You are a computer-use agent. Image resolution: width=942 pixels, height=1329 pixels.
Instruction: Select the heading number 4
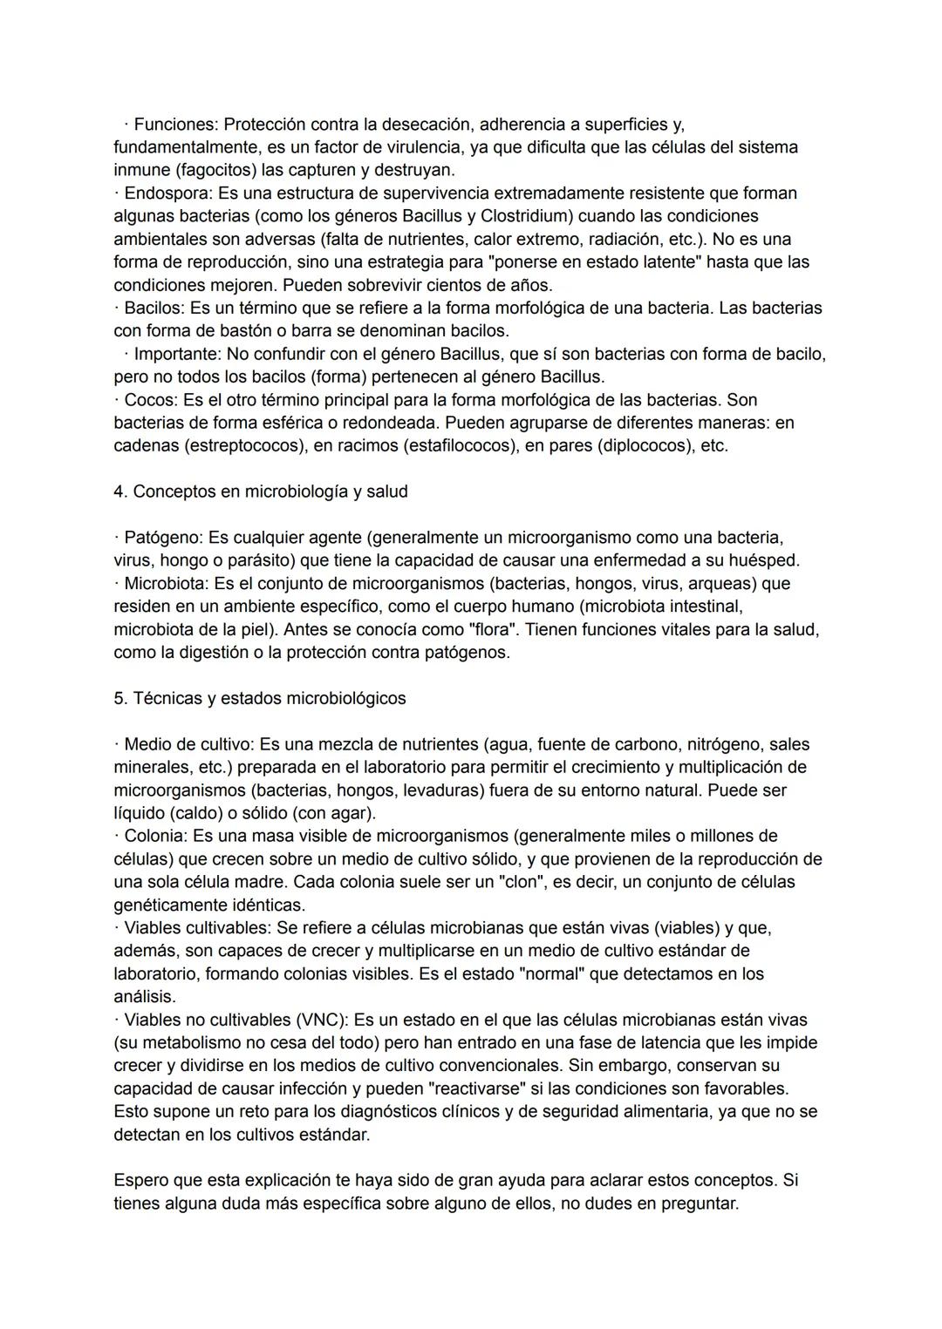[x=119, y=492]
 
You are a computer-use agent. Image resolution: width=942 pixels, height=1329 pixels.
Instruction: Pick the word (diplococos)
[x=646, y=445]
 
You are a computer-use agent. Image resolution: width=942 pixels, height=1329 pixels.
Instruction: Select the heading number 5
[x=119, y=699]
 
